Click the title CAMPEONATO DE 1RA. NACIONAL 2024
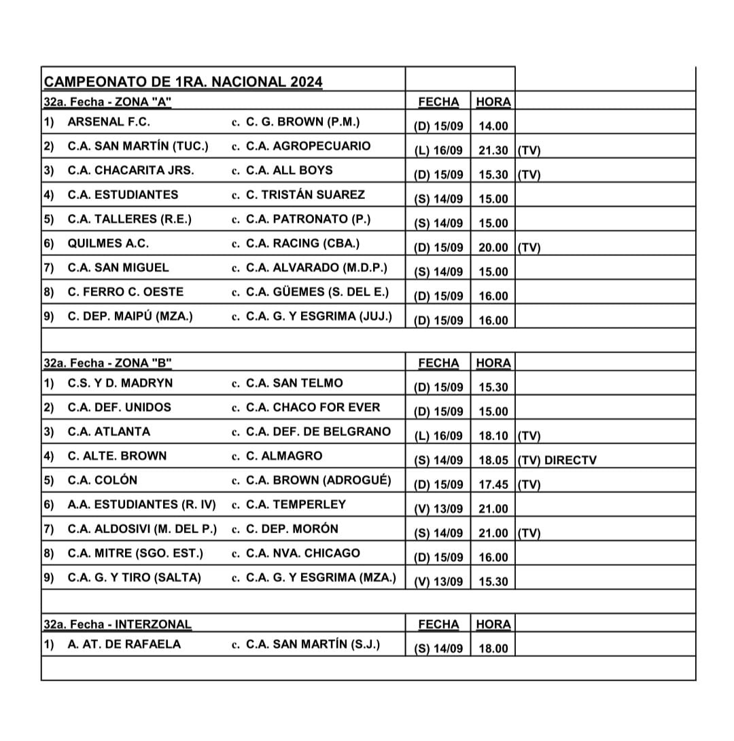(x=183, y=82)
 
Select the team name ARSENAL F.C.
(x=109, y=122)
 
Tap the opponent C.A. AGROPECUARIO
(x=308, y=146)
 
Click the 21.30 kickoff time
(x=493, y=151)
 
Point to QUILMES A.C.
(x=108, y=243)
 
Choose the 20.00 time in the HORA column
(x=493, y=248)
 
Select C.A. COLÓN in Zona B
(x=102, y=480)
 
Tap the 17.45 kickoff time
(x=493, y=485)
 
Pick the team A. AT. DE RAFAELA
(x=124, y=644)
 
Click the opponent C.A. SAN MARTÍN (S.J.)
(x=313, y=644)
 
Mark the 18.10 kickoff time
(x=493, y=436)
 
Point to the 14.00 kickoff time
(x=493, y=126)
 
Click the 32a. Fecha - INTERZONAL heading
(x=118, y=624)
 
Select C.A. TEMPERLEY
(x=296, y=505)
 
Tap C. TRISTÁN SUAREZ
(x=305, y=195)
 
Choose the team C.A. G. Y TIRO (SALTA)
(x=135, y=577)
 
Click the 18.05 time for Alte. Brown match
(x=493, y=460)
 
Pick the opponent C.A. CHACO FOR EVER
(x=313, y=408)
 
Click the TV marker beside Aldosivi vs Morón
(x=529, y=533)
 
